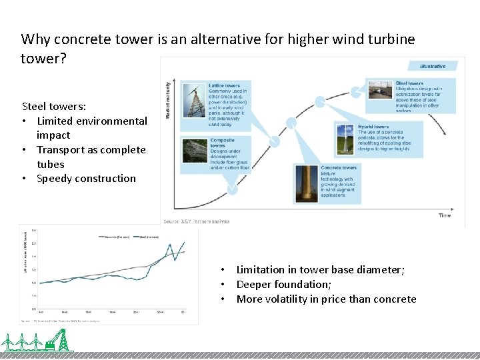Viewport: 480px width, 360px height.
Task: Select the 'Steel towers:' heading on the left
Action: click(x=54, y=106)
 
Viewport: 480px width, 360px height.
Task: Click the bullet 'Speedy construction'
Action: click(x=86, y=179)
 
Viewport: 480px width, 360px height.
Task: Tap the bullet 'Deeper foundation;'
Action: click(x=283, y=284)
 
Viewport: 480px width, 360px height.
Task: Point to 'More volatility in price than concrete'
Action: click(x=326, y=299)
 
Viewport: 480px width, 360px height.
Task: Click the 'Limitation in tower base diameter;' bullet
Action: click(x=329, y=269)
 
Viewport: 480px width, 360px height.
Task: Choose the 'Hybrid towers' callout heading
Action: click(x=373, y=127)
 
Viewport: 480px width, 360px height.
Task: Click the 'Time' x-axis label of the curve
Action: click(x=444, y=215)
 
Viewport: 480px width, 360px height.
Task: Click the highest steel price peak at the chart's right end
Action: click(x=184, y=243)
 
